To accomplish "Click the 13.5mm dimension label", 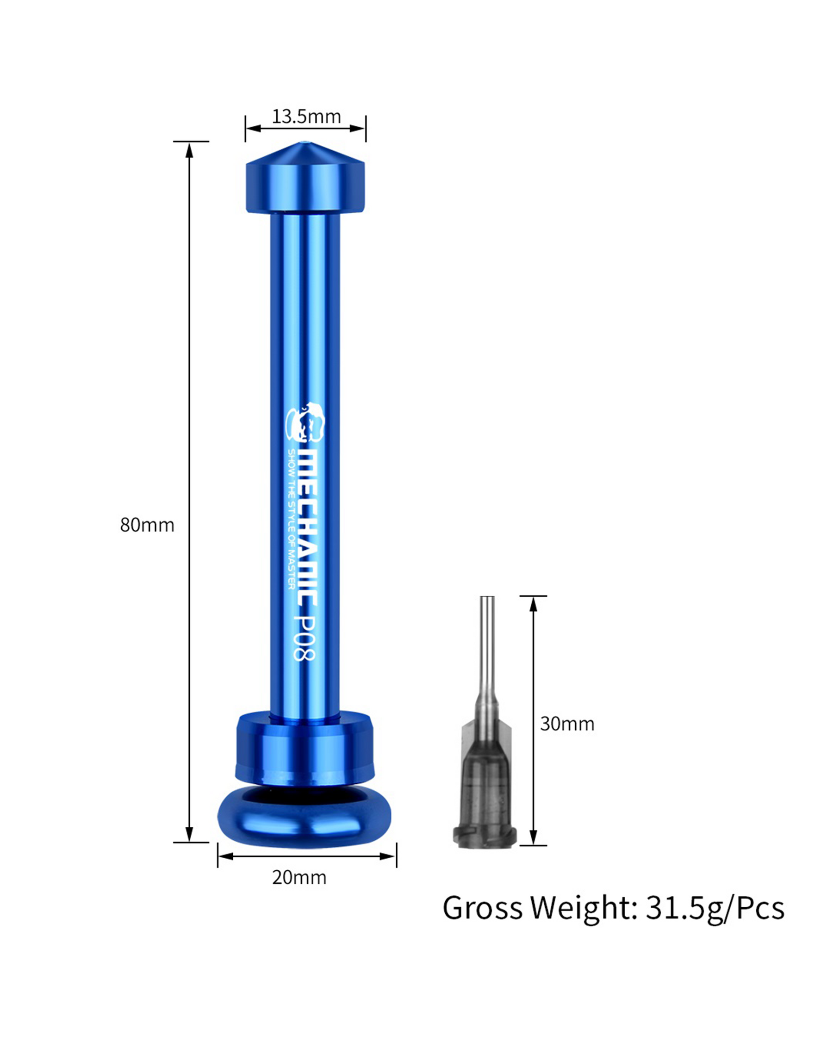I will (306, 117).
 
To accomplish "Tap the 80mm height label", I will (147, 525).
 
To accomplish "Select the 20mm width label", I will (299, 877).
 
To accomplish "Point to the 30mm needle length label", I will (567, 724).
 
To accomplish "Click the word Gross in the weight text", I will (482, 908).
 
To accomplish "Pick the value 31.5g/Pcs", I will (715, 908).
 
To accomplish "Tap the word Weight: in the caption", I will (584, 908).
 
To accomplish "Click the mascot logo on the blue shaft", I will (305, 422).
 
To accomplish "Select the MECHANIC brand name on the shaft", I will (307, 529).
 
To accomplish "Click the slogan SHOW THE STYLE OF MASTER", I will (291, 519).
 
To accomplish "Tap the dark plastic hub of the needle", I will (485, 782).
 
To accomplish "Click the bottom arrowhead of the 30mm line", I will (533, 837).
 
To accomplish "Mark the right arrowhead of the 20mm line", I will (388, 856).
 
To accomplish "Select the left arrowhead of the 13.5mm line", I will (253, 129).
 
